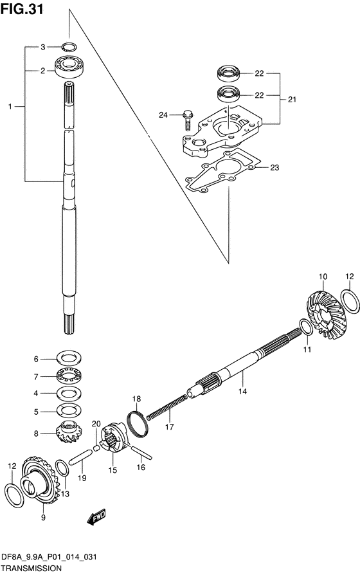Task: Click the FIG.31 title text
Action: coord(22,9)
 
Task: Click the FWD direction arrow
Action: coord(96,517)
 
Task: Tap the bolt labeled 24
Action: coord(187,120)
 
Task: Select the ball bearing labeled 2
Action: coord(69,67)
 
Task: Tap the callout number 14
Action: coord(242,391)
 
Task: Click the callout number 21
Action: coord(292,100)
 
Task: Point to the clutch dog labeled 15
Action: coord(114,438)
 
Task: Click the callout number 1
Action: coord(10,106)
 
